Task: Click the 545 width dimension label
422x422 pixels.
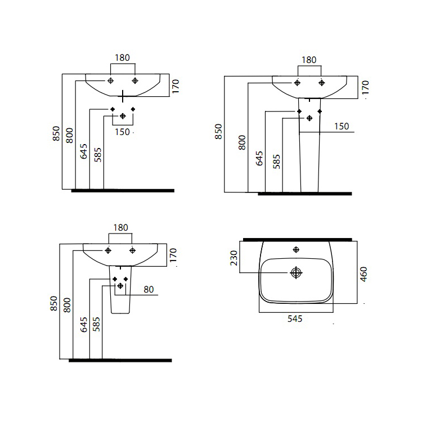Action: pyautogui.click(x=295, y=318)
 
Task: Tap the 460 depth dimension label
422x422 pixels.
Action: pyautogui.click(x=363, y=274)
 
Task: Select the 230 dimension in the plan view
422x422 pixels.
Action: pyautogui.click(x=234, y=258)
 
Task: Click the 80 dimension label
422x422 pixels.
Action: pyautogui.click(x=149, y=289)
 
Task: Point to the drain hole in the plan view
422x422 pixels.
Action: pyautogui.click(x=296, y=273)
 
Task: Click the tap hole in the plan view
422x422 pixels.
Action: pyautogui.click(x=296, y=250)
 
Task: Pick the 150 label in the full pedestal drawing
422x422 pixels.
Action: pyautogui.click(x=342, y=126)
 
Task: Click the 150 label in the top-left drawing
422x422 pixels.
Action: pyautogui.click(x=122, y=132)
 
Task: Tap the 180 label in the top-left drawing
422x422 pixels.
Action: pyautogui.click(x=122, y=57)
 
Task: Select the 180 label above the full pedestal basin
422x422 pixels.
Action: pyautogui.click(x=309, y=60)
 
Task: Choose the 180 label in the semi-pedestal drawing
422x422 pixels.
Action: pyautogui.click(x=120, y=228)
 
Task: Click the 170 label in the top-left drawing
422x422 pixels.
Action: pyautogui.click(x=175, y=86)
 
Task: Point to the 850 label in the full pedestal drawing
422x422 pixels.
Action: pyautogui.click(x=218, y=131)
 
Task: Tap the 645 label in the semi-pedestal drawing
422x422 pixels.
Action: pyautogui.click(x=84, y=324)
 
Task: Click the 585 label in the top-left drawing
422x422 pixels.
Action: pyautogui.click(x=98, y=155)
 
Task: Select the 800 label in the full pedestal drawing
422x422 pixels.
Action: pyautogui.click(x=242, y=142)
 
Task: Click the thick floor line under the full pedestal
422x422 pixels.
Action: pyautogui.click(x=305, y=194)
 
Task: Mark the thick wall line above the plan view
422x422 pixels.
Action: pyautogui.click(x=298, y=240)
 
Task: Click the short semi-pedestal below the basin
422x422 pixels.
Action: pyautogui.click(x=120, y=290)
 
